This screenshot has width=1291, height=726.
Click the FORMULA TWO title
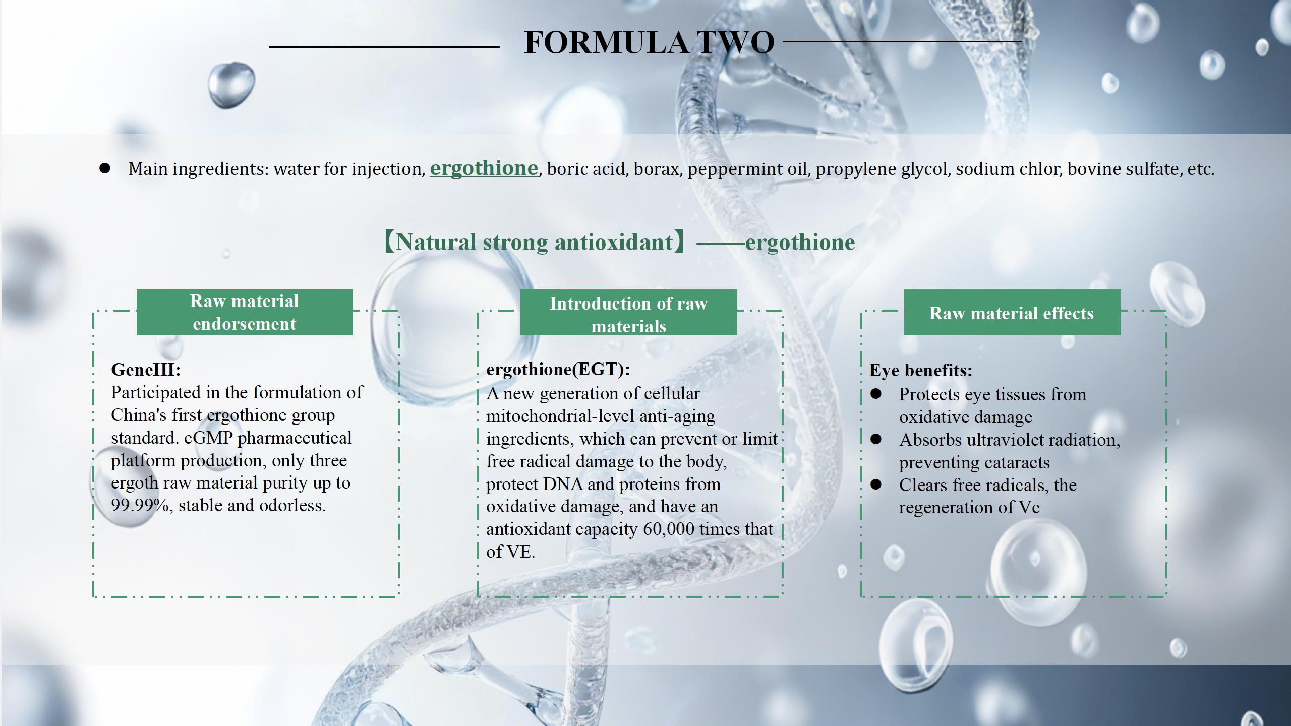(x=649, y=42)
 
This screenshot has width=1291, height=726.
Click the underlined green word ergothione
(x=484, y=168)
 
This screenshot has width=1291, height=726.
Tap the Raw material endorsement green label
(x=245, y=312)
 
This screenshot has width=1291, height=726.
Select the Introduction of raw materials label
(x=628, y=312)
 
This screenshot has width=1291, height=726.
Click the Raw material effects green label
(x=1012, y=312)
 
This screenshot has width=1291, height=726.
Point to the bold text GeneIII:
(x=146, y=370)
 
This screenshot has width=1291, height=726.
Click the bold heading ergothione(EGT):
(x=558, y=370)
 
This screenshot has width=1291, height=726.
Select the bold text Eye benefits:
(x=921, y=371)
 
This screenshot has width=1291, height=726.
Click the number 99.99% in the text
(x=140, y=505)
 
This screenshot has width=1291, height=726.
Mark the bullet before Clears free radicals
(x=876, y=485)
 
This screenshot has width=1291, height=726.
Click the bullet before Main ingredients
(x=104, y=168)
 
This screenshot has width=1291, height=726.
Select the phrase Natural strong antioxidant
(x=534, y=243)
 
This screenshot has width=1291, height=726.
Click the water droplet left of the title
(x=231, y=85)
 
